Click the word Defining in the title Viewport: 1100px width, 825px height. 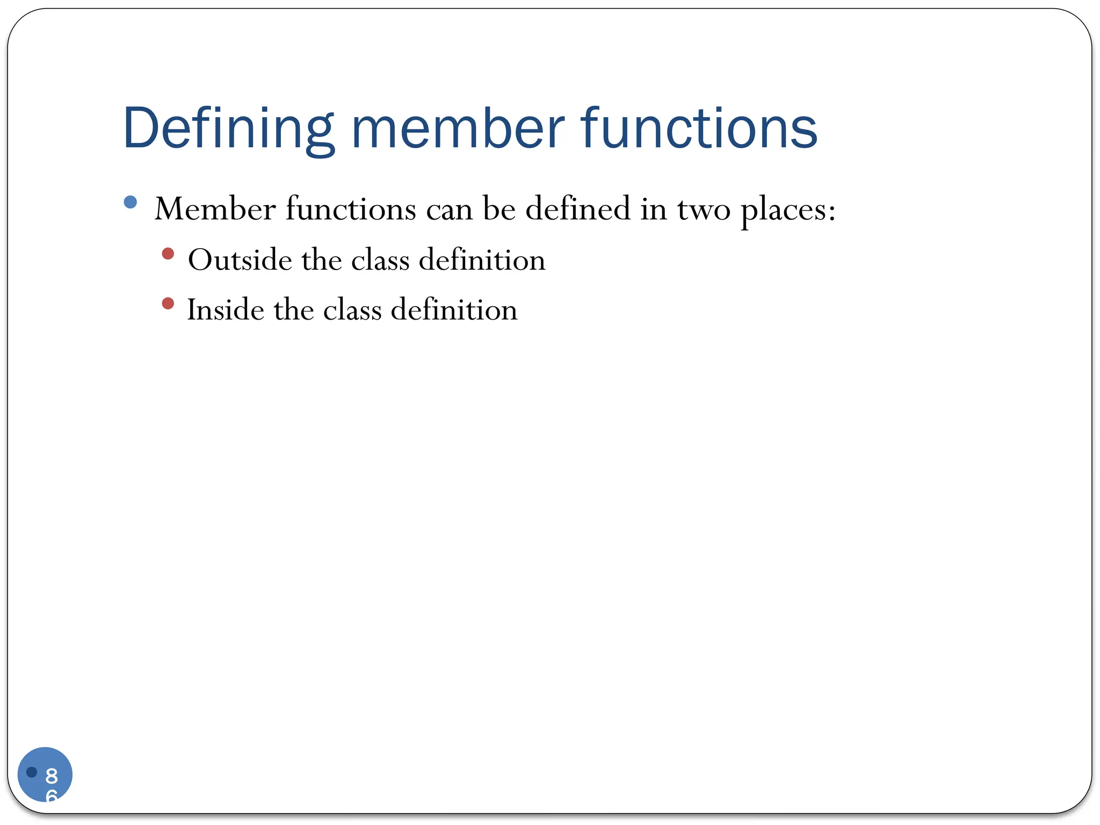[229, 129]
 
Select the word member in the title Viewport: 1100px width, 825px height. [458, 129]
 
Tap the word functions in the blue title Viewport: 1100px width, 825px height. [699, 129]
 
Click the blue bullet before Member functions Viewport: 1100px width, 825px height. [130, 202]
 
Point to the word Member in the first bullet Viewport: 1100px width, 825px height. [215, 209]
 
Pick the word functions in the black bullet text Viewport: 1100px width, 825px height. [351, 209]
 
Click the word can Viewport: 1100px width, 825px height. [449, 209]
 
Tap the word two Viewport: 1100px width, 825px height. [704, 209]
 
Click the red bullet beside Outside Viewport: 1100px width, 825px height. [168, 254]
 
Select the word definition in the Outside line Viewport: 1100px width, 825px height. [482, 260]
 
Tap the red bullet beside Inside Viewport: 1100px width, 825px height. [168, 304]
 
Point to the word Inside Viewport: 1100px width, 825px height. [226, 310]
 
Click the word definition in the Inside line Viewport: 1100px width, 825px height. [454, 310]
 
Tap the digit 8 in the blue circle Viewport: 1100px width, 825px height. [52, 776]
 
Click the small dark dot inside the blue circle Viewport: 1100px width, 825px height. [32, 772]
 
